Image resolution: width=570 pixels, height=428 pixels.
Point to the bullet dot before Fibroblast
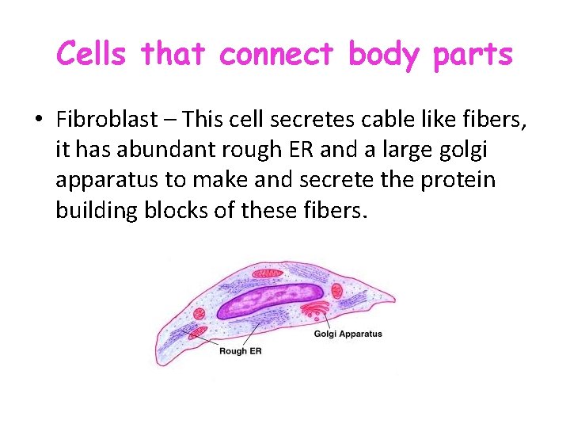(x=38, y=120)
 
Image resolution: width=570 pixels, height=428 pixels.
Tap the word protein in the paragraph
(x=457, y=180)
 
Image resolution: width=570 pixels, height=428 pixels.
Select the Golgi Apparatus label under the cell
(x=348, y=334)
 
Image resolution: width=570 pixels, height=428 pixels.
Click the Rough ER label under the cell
(x=239, y=351)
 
